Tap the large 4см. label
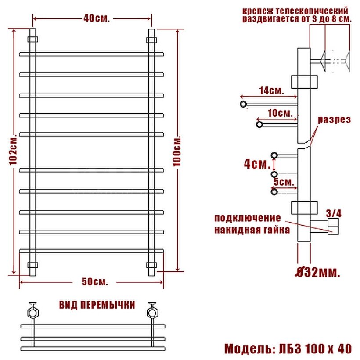[x=257, y=165]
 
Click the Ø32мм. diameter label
[x=317, y=273]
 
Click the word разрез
[x=334, y=120]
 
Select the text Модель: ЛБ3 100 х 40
[x=288, y=349]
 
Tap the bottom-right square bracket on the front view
[x=151, y=265]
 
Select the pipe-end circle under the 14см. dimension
[x=243, y=104]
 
